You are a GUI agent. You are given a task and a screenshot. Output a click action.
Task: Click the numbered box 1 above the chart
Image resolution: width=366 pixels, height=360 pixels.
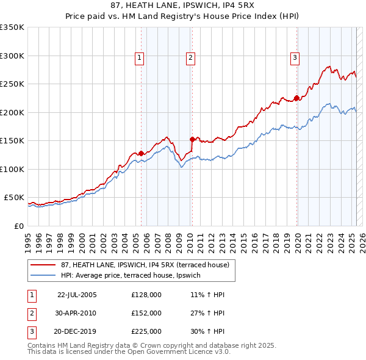tap(140, 58)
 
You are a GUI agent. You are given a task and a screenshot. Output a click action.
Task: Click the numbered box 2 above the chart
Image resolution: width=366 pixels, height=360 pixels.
tap(190, 58)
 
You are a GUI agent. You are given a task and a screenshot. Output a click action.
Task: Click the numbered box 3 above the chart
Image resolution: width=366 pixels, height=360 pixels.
tap(295, 58)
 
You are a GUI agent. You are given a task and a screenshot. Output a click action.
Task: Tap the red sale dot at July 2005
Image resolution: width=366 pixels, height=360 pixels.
tap(141, 153)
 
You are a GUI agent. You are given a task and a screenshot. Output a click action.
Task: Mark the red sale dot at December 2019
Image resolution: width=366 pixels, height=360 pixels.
tap(296, 98)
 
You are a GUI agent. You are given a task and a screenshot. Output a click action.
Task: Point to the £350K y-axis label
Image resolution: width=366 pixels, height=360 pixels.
tap(12, 27)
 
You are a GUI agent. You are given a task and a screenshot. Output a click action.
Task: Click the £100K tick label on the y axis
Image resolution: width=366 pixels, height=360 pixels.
tap(12, 169)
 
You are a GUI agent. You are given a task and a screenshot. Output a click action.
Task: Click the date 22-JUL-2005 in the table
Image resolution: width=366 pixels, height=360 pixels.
tap(77, 295)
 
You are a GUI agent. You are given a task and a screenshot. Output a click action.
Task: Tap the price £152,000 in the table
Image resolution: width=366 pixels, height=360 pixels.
tap(146, 313)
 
